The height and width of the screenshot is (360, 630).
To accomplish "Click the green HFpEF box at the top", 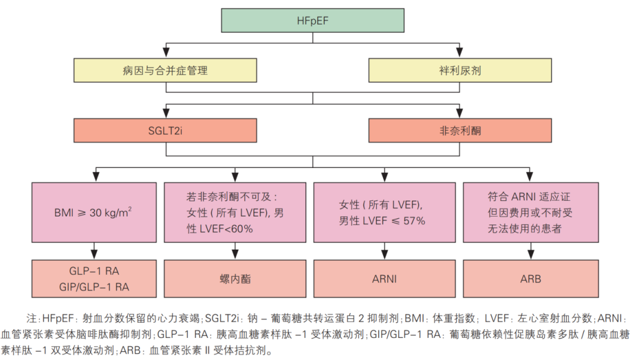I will [x=313, y=22].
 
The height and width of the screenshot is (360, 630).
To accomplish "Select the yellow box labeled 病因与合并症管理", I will [x=165, y=71].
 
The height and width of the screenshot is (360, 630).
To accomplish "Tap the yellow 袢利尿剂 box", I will [x=460, y=71].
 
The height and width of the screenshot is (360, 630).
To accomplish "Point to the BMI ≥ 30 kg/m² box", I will [x=94, y=212].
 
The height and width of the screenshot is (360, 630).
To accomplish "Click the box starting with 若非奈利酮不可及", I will [x=235, y=212].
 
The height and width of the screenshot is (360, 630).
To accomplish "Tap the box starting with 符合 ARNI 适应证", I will [x=530, y=212].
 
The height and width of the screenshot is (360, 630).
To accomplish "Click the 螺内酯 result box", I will [x=235, y=279].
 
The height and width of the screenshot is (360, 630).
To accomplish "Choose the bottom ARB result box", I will [x=530, y=279].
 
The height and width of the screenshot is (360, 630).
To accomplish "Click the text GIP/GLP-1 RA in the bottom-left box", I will [x=94, y=286].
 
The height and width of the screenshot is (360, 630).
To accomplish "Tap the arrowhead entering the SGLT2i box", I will [x=165, y=115].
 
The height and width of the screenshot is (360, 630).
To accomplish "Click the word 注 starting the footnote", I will [x=30, y=319].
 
